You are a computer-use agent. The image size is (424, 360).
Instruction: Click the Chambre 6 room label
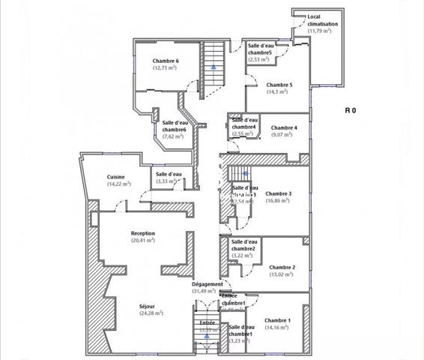pos(165,61)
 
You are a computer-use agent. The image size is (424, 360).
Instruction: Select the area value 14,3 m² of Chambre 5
pos(279,92)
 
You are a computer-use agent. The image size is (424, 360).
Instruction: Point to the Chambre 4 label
pos(284,127)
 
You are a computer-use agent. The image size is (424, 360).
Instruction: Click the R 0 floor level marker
pos(350,110)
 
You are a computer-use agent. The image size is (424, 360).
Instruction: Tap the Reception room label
pos(142,233)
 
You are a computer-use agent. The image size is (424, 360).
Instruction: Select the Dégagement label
pos(207,284)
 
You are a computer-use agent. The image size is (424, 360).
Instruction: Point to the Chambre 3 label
pos(278,193)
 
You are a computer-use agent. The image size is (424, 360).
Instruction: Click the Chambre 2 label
pos(282,267)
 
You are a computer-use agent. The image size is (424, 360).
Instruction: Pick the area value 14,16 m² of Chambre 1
pos(278,328)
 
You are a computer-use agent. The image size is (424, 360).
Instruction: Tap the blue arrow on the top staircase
pos(214,67)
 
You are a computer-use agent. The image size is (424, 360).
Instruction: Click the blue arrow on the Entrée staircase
pos(206,337)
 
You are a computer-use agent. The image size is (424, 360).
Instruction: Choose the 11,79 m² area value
pos(322,31)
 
